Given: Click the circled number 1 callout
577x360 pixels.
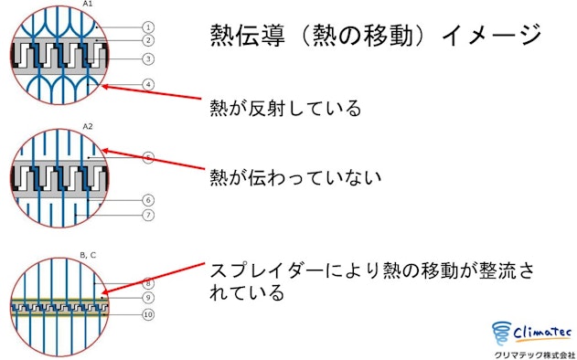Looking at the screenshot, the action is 148,27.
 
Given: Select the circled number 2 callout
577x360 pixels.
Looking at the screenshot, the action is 148,40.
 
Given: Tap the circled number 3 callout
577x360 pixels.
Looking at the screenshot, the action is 148,58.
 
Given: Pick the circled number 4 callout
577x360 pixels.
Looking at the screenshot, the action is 148,85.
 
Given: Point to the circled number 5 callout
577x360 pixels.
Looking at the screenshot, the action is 148,158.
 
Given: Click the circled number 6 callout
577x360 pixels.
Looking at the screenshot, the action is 148,200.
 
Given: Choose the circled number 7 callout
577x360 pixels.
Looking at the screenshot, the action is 148,215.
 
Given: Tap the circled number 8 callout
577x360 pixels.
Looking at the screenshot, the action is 148,283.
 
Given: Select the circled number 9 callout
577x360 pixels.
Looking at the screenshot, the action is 148,298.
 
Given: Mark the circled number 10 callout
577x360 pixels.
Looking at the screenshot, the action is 148,314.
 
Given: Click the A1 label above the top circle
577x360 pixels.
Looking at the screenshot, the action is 88,4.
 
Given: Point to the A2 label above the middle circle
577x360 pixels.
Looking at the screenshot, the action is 88,126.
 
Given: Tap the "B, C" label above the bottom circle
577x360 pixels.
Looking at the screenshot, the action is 88,255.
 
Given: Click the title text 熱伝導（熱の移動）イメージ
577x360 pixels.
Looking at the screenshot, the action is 375,36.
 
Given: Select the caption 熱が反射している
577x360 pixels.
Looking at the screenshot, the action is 285,109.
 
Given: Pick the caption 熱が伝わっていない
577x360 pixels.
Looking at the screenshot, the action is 295,177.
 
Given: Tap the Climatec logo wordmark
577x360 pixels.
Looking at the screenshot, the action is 541,333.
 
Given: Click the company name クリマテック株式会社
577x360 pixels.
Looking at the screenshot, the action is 534,355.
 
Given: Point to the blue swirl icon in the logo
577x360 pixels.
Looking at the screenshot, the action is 502,334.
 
